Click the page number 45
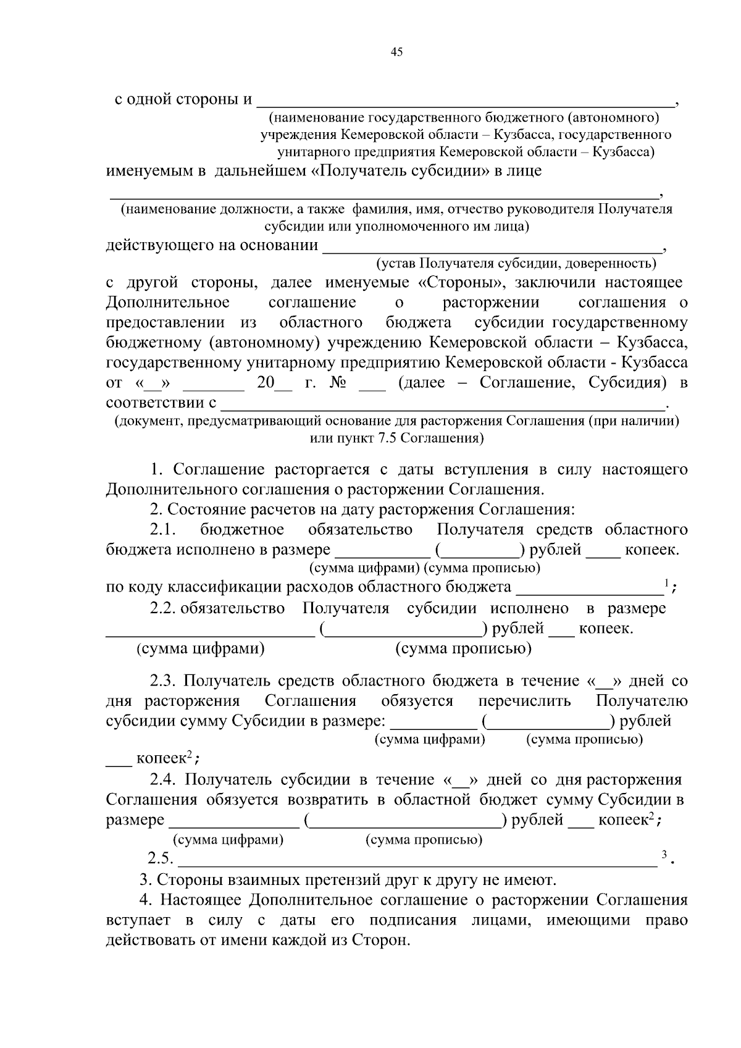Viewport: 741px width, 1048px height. pyautogui.click(x=396, y=52)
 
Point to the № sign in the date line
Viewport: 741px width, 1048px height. pyautogui.click(x=338, y=383)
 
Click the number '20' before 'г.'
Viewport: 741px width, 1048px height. pyautogui.click(x=266, y=383)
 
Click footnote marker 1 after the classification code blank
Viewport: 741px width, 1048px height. pyautogui.click(x=666, y=583)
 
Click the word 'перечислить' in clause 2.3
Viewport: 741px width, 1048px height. pyautogui.click(x=524, y=702)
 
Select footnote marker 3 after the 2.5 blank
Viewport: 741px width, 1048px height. pyautogui.click(x=664, y=855)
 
